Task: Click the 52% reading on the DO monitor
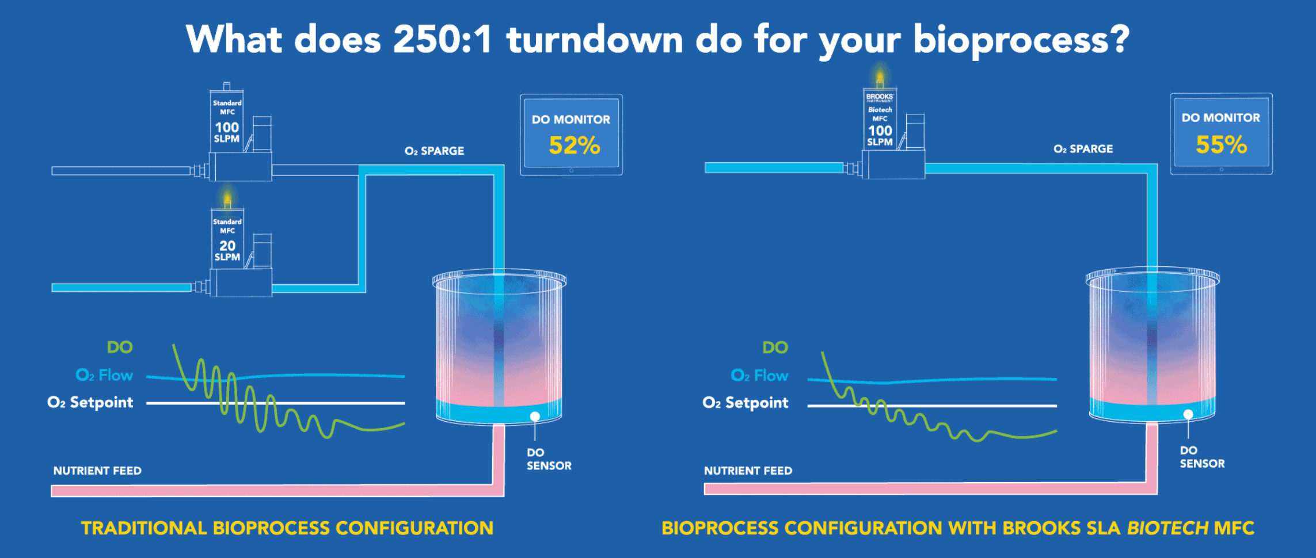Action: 575,146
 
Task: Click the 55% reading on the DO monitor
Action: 1222,144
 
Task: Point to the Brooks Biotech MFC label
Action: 880,119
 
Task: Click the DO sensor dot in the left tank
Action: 535,416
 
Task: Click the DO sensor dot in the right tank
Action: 1188,414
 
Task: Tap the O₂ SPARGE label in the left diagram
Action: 434,151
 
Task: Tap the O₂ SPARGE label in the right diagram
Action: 1083,149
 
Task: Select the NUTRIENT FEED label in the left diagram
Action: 97,471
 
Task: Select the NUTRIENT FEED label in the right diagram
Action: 748,471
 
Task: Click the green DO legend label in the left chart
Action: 120,347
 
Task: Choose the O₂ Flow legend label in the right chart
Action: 759,376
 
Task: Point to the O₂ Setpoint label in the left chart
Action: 90,402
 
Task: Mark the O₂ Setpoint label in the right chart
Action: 745,403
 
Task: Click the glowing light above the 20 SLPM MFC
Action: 227,198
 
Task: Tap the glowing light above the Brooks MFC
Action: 880,77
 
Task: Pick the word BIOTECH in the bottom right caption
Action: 1167,528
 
